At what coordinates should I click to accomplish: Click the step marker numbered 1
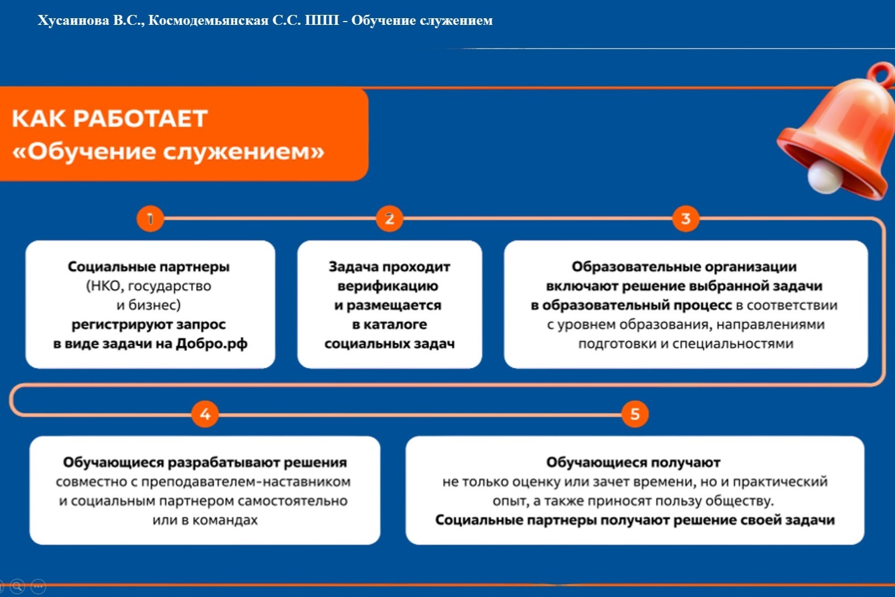click(150, 219)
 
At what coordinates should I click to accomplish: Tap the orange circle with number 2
click(389, 219)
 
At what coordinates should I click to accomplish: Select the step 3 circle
click(686, 219)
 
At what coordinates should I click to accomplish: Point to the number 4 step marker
click(205, 414)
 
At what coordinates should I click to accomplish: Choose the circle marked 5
click(635, 414)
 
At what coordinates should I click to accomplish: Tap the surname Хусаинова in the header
click(73, 21)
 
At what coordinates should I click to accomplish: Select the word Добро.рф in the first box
click(212, 344)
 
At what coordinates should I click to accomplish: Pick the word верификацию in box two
click(388, 286)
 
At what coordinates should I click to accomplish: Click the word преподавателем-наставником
click(246, 482)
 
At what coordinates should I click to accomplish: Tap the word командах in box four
click(225, 521)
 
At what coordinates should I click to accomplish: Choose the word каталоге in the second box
click(395, 324)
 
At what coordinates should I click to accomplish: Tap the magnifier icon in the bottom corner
click(17, 586)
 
